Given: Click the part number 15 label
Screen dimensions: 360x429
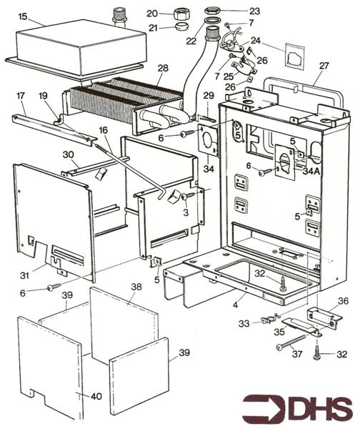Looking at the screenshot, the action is point(23,16).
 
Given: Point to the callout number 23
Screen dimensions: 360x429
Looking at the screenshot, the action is point(254,11).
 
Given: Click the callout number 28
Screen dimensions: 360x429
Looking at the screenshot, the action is point(163,68).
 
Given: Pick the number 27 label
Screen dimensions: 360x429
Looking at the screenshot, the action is point(324,66).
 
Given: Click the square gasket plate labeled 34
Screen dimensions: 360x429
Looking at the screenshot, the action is point(209,140).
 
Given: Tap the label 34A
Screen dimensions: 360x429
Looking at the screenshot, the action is point(311,172).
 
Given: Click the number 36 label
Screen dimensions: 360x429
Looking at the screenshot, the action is point(343,301).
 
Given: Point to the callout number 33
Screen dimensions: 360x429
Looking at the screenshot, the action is point(244,324).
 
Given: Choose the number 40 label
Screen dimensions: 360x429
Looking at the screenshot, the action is point(96,396).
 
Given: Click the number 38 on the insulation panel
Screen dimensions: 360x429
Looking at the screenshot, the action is point(136,287).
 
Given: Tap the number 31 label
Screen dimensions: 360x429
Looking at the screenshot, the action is point(24,275).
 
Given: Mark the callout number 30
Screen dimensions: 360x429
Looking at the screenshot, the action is point(68,155).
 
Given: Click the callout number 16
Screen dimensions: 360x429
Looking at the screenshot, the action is point(104,130).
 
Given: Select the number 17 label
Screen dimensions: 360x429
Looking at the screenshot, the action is point(21,96).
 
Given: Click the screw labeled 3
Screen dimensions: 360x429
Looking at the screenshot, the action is point(189,195).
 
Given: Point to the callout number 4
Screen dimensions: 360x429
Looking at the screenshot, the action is point(236,305).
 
